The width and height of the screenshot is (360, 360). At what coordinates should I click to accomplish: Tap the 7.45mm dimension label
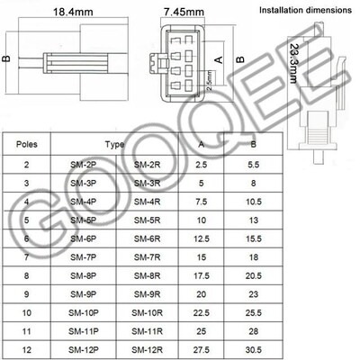coord(184,13)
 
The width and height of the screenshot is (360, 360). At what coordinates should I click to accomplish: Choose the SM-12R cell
coord(148,348)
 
